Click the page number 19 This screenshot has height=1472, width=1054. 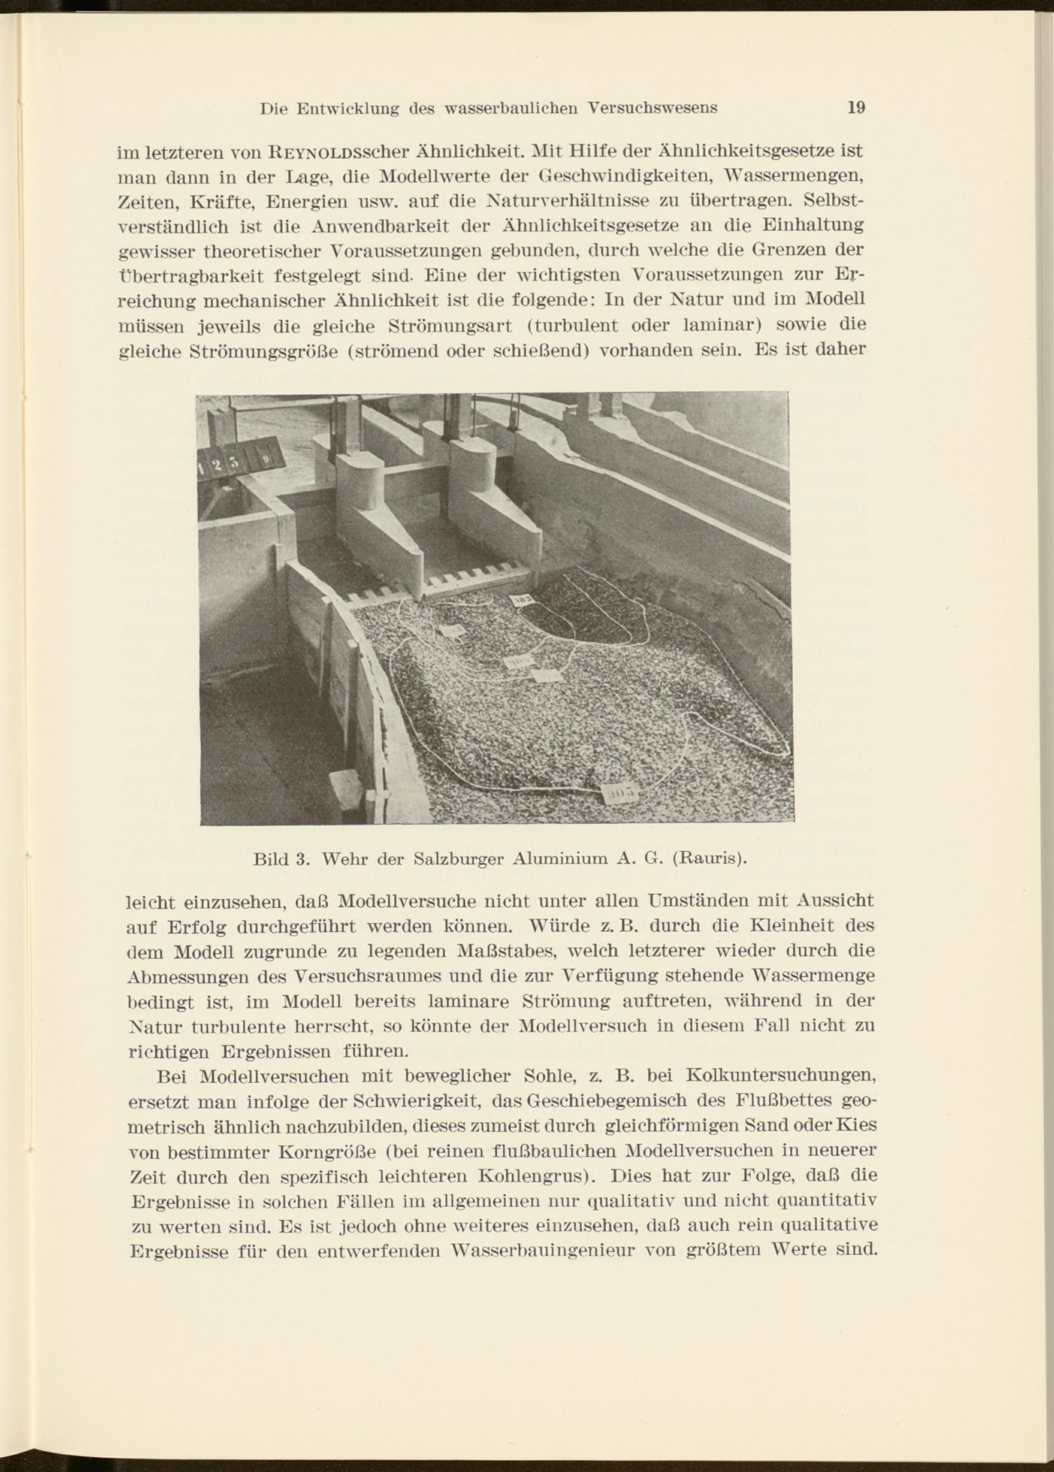(856, 108)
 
